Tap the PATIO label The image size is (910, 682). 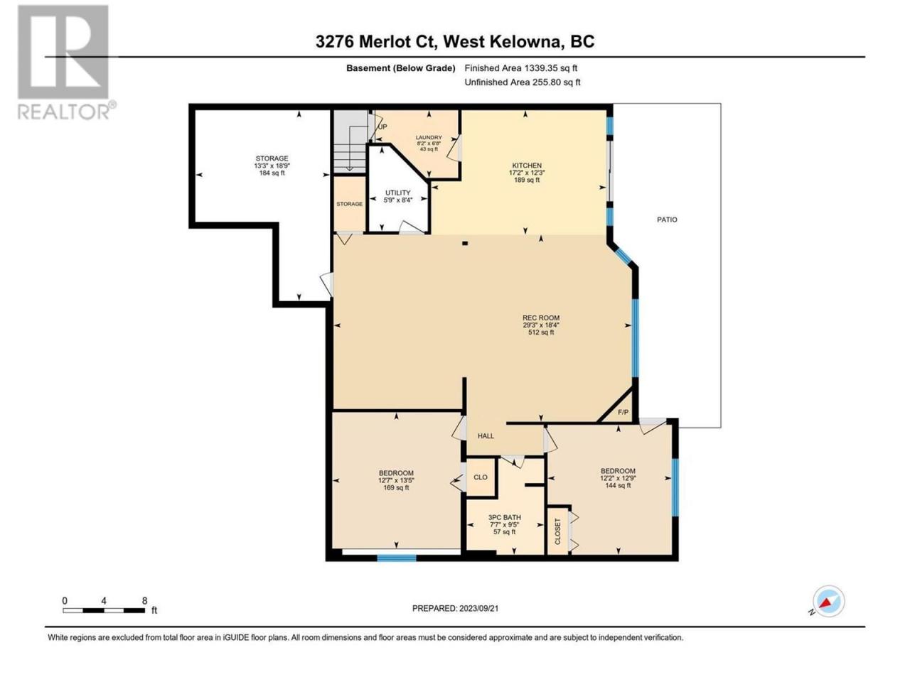667,220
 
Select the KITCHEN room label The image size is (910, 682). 527,166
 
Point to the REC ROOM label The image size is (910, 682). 540,318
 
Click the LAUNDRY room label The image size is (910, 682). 429,138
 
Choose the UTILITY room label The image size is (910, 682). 397,193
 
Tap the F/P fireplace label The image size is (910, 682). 623,412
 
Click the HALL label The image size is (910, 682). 486,435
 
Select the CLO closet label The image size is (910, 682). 480,477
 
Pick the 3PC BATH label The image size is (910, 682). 504,517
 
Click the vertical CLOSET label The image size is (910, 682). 557,531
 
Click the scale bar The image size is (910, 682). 104,610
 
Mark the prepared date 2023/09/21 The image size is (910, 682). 479,608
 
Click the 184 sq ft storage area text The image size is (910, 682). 272,173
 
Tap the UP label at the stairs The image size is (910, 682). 382,126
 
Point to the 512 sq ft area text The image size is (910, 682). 540,332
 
